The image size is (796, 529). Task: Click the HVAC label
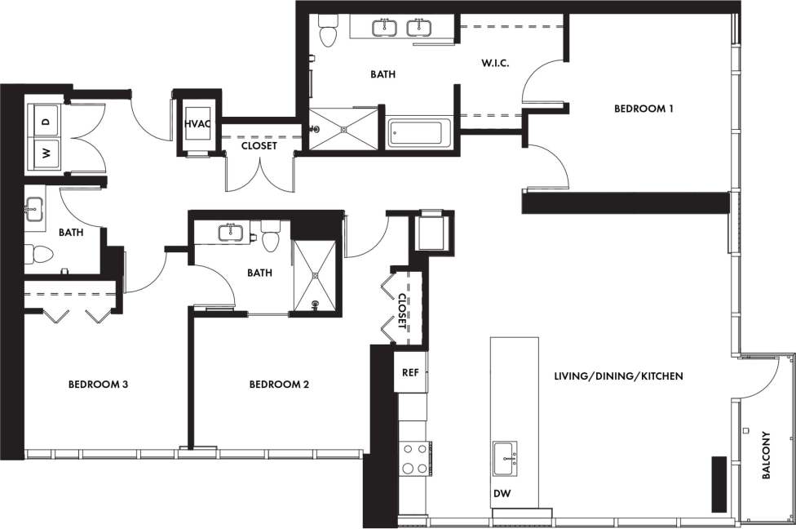(x=198, y=123)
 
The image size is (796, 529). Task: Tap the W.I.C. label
(x=494, y=63)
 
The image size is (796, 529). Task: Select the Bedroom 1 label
(x=643, y=108)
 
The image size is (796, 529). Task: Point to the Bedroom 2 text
(x=279, y=384)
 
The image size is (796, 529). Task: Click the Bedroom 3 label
(x=98, y=384)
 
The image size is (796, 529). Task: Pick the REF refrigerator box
(x=410, y=372)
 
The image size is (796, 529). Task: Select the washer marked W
(x=46, y=152)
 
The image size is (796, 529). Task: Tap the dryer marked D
(x=46, y=121)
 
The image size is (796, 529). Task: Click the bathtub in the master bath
(x=419, y=133)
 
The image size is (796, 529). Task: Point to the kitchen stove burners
(x=414, y=458)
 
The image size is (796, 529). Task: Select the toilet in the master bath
(x=328, y=31)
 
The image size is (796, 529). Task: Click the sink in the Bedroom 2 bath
(x=231, y=232)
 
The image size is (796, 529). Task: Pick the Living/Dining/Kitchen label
(x=618, y=376)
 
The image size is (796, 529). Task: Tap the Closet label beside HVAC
(x=259, y=146)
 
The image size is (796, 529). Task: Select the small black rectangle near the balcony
(x=719, y=482)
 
